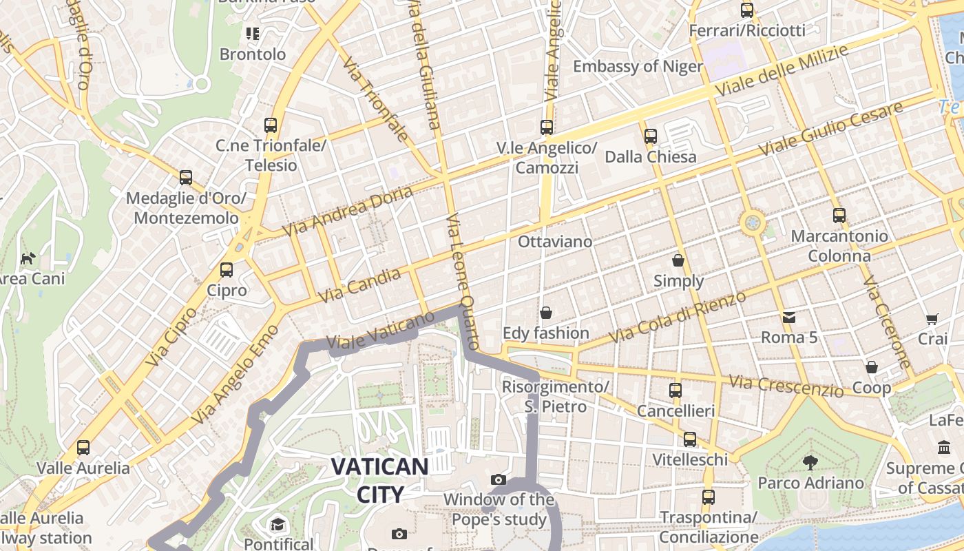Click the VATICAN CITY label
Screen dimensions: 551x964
pyautogui.click(x=379, y=479)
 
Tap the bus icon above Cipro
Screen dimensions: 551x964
pyautogui.click(x=227, y=269)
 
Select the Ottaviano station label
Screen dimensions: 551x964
pyautogui.click(x=554, y=242)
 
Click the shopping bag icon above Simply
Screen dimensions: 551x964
pyautogui.click(x=678, y=260)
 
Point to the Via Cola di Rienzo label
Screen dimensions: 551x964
pyautogui.click(x=678, y=317)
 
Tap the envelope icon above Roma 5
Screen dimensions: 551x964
pyautogui.click(x=788, y=318)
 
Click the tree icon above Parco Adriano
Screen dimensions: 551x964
pyautogui.click(x=810, y=462)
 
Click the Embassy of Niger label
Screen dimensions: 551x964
pyautogui.click(x=638, y=66)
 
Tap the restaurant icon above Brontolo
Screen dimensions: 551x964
pyautogui.click(x=252, y=33)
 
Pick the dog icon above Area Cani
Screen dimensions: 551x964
pyautogui.click(x=28, y=259)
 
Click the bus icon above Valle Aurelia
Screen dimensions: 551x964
pyautogui.click(x=83, y=448)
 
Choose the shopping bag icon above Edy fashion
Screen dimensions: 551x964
pyautogui.click(x=546, y=313)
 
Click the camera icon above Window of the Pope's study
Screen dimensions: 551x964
pyautogui.click(x=499, y=479)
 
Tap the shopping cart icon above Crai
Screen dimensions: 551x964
pyautogui.click(x=932, y=319)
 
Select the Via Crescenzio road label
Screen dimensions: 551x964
pyautogui.click(x=786, y=386)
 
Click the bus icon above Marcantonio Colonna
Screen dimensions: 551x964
pyautogui.click(x=839, y=216)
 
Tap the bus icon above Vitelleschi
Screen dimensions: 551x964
pyautogui.click(x=689, y=439)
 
